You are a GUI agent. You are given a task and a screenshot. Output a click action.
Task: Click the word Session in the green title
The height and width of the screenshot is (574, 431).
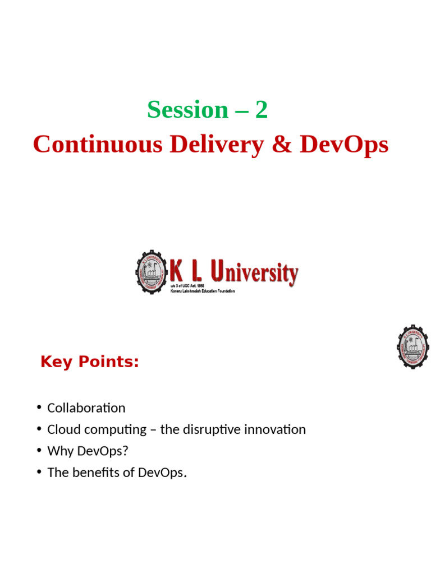point(187,110)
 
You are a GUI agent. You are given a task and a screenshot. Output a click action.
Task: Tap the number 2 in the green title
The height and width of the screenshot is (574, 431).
point(262,110)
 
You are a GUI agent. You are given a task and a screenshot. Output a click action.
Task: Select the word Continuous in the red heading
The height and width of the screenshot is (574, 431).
point(98,145)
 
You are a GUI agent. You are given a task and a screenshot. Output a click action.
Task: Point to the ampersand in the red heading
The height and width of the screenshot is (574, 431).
point(282,145)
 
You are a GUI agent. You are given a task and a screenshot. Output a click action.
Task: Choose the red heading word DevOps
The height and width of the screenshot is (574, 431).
point(343,145)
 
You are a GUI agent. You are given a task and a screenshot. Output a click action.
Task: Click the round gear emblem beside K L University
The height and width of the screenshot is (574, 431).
point(152,272)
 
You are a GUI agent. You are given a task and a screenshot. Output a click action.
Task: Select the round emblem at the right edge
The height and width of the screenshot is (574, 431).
point(413,346)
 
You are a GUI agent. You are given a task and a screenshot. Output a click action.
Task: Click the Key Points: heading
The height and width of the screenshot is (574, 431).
point(90,362)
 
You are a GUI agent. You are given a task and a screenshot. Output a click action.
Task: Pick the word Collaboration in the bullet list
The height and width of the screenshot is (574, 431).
point(86,408)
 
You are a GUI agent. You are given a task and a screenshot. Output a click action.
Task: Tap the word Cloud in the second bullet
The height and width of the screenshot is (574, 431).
point(62,430)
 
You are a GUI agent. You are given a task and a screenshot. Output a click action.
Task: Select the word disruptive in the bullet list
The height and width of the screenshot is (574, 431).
point(213,430)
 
